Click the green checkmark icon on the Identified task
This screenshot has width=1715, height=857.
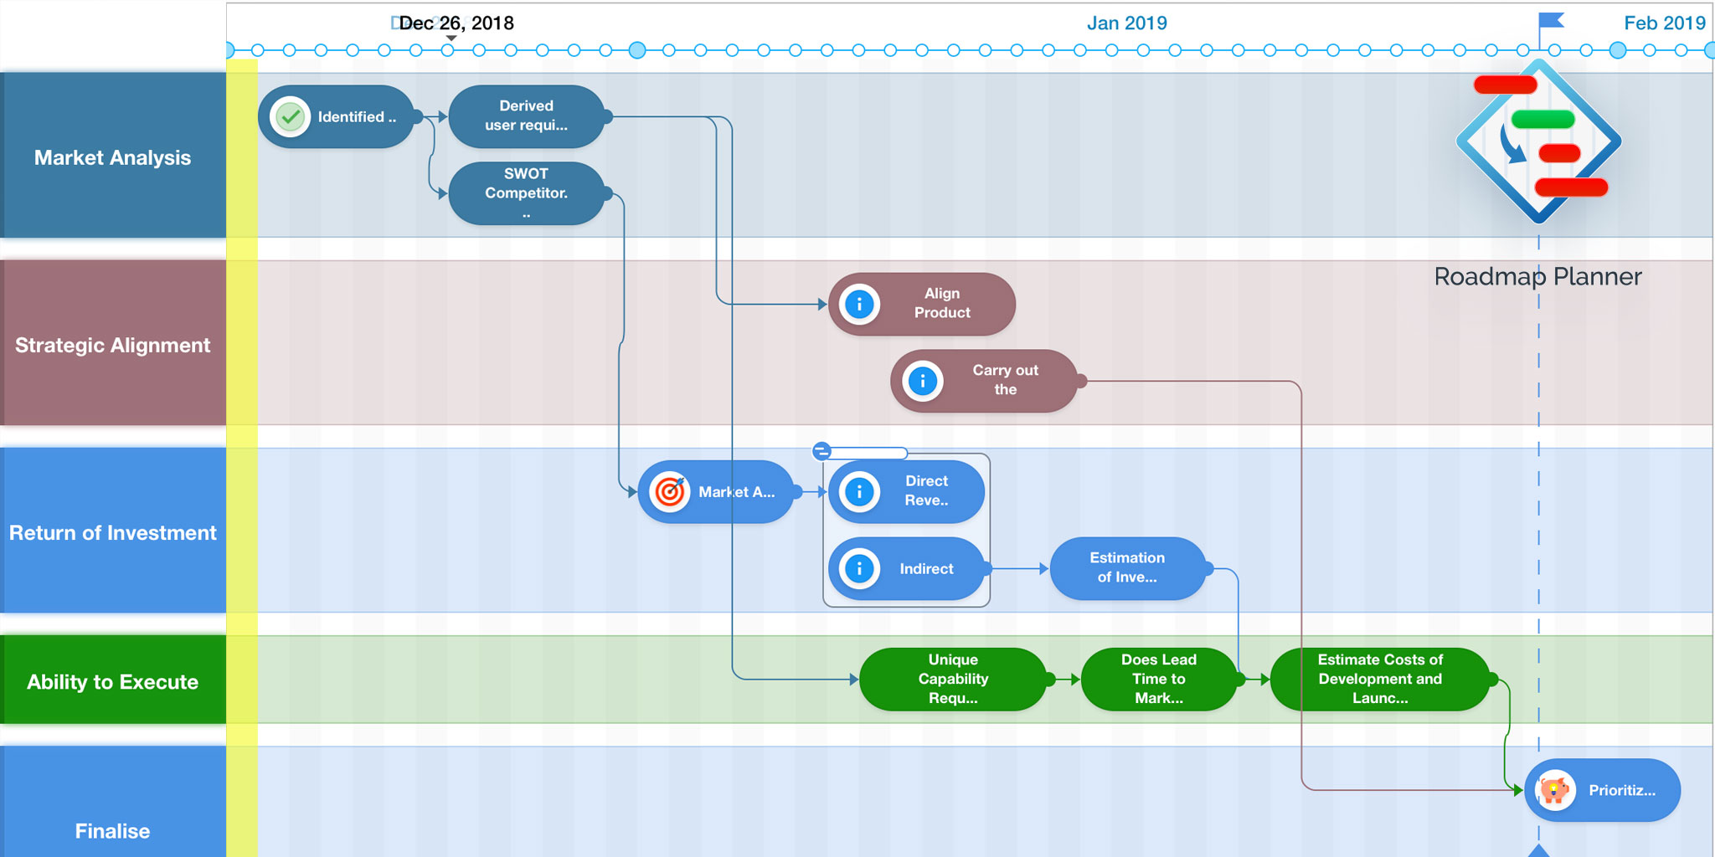click(x=291, y=117)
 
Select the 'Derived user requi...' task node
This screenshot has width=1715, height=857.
click(x=526, y=116)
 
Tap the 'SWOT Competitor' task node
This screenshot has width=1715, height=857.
click(x=526, y=193)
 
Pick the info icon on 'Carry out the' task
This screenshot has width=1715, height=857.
click(x=923, y=382)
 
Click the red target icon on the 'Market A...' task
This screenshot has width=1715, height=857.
click(x=670, y=492)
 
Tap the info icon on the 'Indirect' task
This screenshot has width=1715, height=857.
click(x=859, y=569)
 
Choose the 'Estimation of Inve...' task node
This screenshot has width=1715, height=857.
click(x=1127, y=568)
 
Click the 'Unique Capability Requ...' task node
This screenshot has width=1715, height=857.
click(x=953, y=679)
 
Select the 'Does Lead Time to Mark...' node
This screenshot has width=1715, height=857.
click(x=1158, y=679)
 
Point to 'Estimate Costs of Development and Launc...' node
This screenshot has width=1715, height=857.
click(x=1379, y=679)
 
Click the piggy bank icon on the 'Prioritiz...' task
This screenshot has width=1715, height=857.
click(x=1554, y=790)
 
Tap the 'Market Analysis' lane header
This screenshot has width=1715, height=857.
click(x=113, y=157)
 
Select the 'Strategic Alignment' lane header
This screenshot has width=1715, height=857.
click(x=113, y=344)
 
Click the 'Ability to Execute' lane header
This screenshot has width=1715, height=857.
click(x=113, y=680)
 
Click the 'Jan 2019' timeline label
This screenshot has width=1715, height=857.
click(x=1126, y=23)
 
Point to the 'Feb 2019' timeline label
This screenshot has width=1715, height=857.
click(x=1664, y=23)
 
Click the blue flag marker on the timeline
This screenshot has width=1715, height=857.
click(x=1552, y=20)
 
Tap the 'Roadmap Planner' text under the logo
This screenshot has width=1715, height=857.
click(x=1537, y=277)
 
